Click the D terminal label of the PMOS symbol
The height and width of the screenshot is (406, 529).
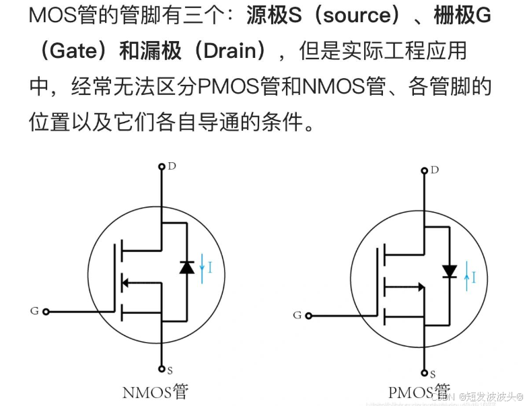click(435, 170)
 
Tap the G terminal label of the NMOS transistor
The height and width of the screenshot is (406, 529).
click(34, 310)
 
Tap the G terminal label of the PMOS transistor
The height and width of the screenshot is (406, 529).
click(297, 314)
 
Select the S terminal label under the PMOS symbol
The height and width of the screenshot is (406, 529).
click(433, 373)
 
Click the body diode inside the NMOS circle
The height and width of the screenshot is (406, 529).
click(187, 267)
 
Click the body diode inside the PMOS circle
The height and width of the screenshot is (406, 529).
click(450, 271)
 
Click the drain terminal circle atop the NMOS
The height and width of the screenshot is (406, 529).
click(162, 166)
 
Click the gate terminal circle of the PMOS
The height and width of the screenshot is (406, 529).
click(309, 314)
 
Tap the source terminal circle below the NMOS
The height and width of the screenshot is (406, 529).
click(162, 368)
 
